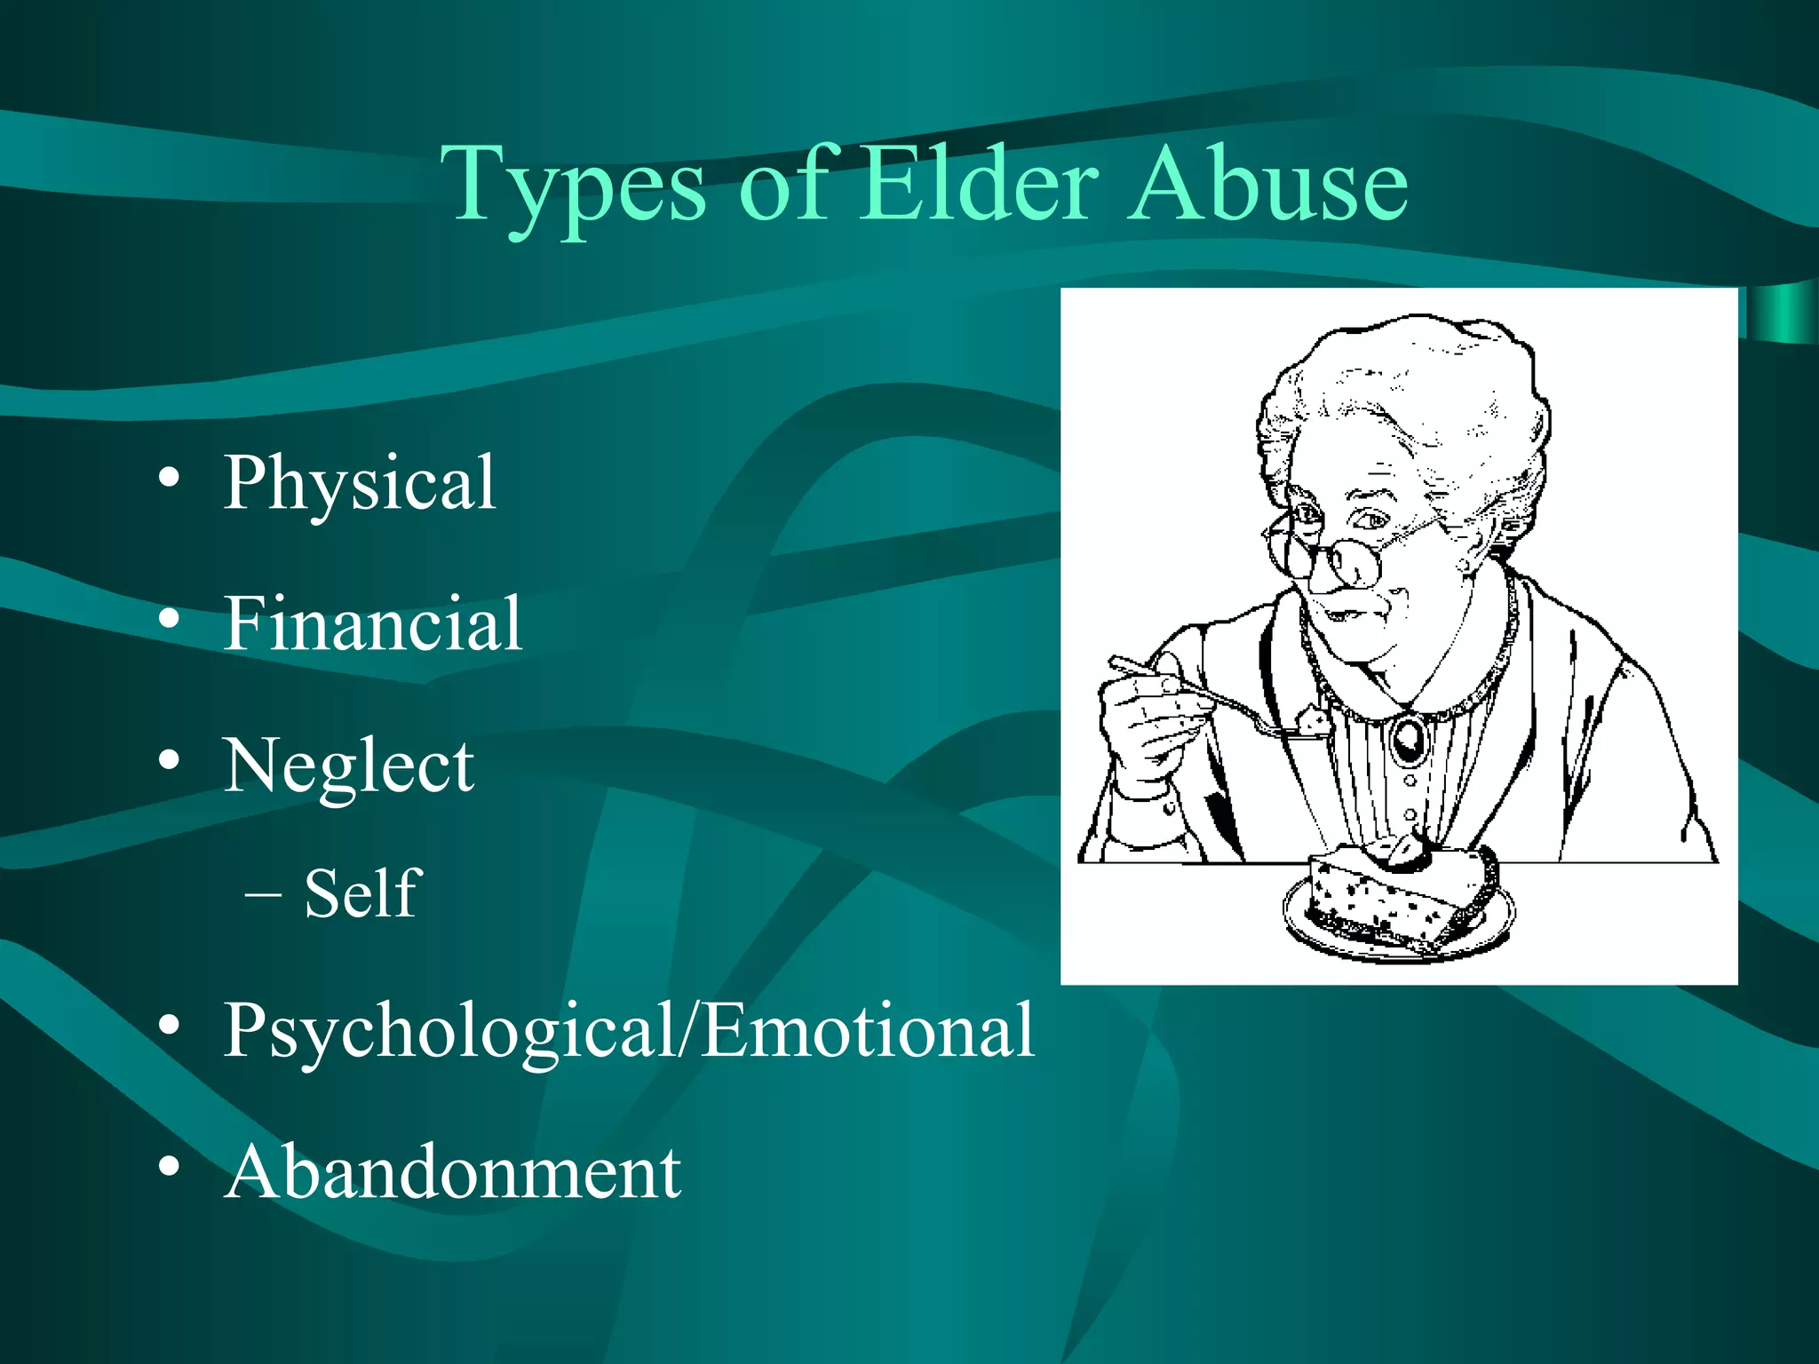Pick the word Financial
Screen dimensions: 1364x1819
pos(372,623)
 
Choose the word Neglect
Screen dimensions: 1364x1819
pos(348,765)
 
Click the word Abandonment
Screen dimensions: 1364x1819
pos(452,1172)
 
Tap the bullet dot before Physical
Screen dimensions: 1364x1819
pos(169,480)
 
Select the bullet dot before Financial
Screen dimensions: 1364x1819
pos(169,619)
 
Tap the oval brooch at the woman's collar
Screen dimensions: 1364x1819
pos(1407,737)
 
